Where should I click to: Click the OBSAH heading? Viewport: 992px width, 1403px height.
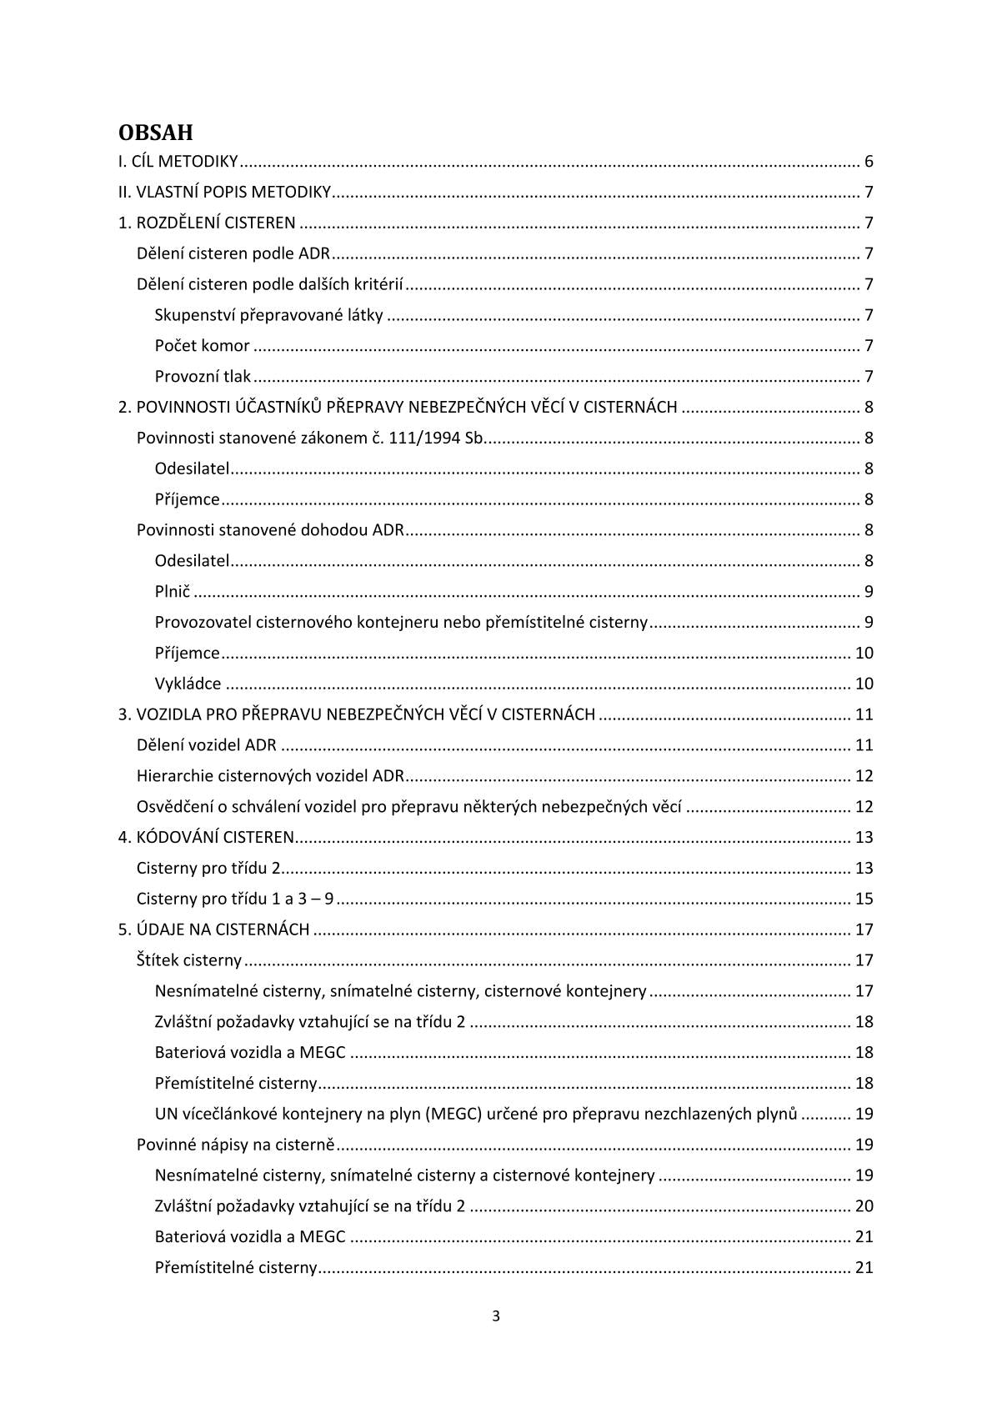(155, 133)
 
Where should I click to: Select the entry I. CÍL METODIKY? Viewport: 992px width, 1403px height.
(178, 162)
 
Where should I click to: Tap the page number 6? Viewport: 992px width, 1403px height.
(869, 162)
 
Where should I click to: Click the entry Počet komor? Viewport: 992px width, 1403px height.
(202, 346)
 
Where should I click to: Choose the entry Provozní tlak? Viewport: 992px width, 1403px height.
(203, 377)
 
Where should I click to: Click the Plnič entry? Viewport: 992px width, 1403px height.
(173, 592)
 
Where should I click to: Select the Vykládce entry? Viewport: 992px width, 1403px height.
(188, 684)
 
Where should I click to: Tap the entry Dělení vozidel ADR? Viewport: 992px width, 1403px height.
(206, 745)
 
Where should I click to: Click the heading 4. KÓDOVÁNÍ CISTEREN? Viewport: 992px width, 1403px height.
(206, 837)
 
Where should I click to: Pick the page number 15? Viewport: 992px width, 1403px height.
(864, 899)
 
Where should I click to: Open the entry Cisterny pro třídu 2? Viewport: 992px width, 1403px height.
(208, 868)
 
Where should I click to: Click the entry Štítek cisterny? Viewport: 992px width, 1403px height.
(188, 960)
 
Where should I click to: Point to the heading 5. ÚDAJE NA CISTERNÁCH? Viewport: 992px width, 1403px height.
(213, 929)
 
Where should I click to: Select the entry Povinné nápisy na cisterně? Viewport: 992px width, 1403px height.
(235, 1145)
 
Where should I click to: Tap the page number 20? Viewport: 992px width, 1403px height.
(864, 1206)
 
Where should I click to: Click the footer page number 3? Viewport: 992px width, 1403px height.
(496, 1317)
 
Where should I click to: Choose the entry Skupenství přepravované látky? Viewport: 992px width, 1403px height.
(268, 315)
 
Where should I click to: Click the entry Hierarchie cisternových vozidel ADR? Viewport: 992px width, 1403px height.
(270, 776)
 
